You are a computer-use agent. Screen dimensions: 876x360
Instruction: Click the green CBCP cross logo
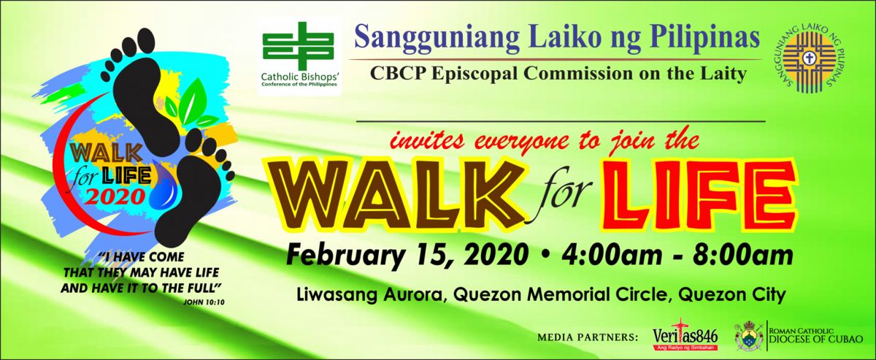tap(299, 46)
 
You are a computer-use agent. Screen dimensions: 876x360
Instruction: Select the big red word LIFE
tap(699, 195)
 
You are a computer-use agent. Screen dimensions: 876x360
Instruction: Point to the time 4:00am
tap(612, 255)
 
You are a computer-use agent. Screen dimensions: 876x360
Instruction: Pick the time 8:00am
tap(743, 255)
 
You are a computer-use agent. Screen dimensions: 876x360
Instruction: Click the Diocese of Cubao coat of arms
tap(748, 336)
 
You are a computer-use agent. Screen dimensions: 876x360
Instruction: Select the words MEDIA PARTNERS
tap(588, 337)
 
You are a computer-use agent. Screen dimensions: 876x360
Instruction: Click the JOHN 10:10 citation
tap(204, 302)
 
